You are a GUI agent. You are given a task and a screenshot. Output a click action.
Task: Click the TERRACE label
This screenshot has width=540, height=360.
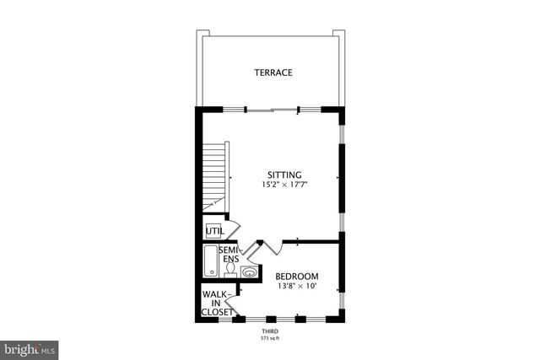tap(273, 73)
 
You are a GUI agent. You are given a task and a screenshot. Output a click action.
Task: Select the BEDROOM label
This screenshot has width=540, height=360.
tap(297, 277)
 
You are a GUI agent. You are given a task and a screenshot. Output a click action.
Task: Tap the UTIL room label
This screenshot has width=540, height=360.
tap(215, 230)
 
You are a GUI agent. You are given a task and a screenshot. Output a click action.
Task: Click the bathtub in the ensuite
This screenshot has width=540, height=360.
tap(211, 261)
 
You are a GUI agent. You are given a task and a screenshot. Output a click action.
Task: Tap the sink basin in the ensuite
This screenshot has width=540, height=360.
tap(250, 271)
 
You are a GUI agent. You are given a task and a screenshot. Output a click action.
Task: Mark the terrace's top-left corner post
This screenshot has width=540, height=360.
tap(202, 34)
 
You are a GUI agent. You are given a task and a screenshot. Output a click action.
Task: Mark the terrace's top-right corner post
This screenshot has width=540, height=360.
tap(338, 34)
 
